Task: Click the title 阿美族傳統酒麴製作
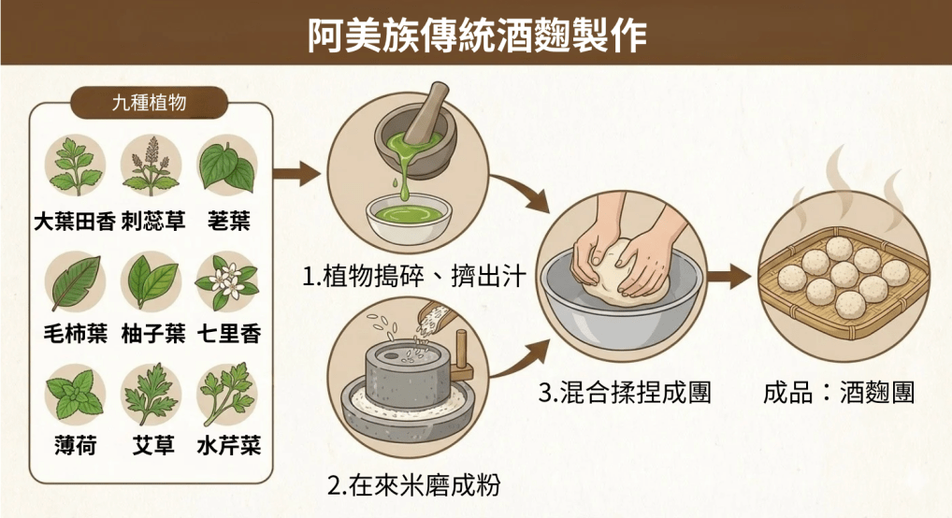[477, 35]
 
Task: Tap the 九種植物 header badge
[150, 102]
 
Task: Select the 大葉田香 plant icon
[75, 165]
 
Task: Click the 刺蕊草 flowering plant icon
[151, 165]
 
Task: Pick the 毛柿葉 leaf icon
[75, 281]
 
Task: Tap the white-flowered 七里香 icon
[227, 281]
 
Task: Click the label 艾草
[153, 446]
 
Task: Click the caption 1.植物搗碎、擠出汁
[415, 277]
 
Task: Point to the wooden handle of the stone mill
[463, 353]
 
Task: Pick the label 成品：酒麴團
[838, 393]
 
